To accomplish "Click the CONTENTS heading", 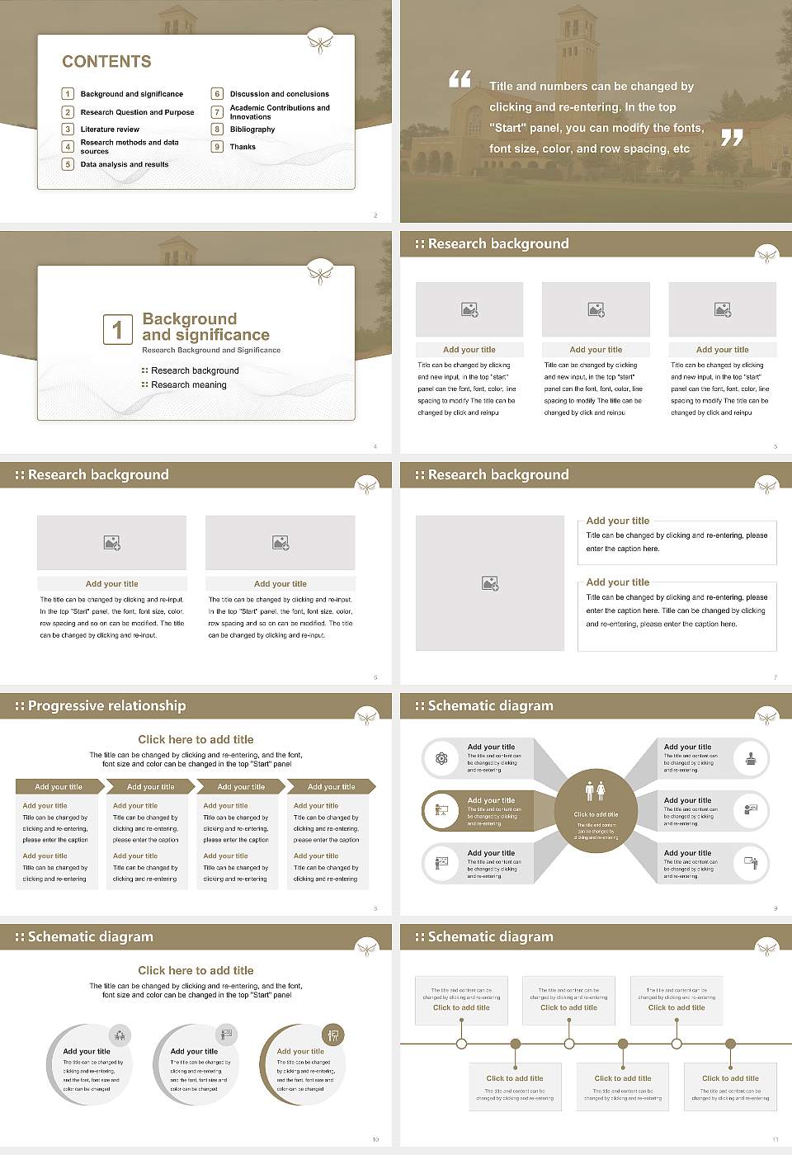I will [106, 62].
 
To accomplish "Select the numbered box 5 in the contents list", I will [68, 164].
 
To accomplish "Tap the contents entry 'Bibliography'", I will [252, 130].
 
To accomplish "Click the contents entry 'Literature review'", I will [110, 130].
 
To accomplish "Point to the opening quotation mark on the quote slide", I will [460, 79].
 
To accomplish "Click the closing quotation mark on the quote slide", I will [732, 138].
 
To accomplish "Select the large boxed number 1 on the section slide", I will [117, 329].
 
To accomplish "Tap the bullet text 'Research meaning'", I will [188, 385].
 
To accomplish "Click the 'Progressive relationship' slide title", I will [106, 705].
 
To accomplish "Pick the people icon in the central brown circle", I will [596, 791].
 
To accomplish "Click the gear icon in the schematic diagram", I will [441, 758].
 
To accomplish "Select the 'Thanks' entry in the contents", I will [243, 147].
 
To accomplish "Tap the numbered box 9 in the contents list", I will [217, 147].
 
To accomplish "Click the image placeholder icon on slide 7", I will [490, 583].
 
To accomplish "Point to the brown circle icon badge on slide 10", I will [333, 1035].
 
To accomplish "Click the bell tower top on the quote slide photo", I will [577, 21].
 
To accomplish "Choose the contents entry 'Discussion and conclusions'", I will [279, 94].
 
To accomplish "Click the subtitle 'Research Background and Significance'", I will [211, 351].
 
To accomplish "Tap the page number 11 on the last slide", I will [775, 1139].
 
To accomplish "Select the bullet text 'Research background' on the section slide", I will [195, 371].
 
